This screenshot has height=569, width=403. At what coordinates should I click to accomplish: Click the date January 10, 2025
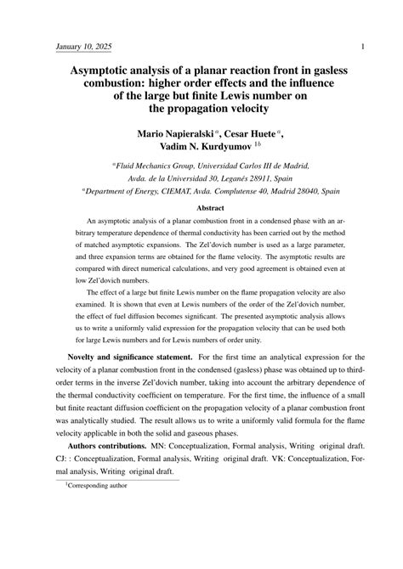(x=83, y=46)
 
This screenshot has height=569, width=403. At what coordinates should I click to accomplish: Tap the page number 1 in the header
(x=363, y=46)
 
